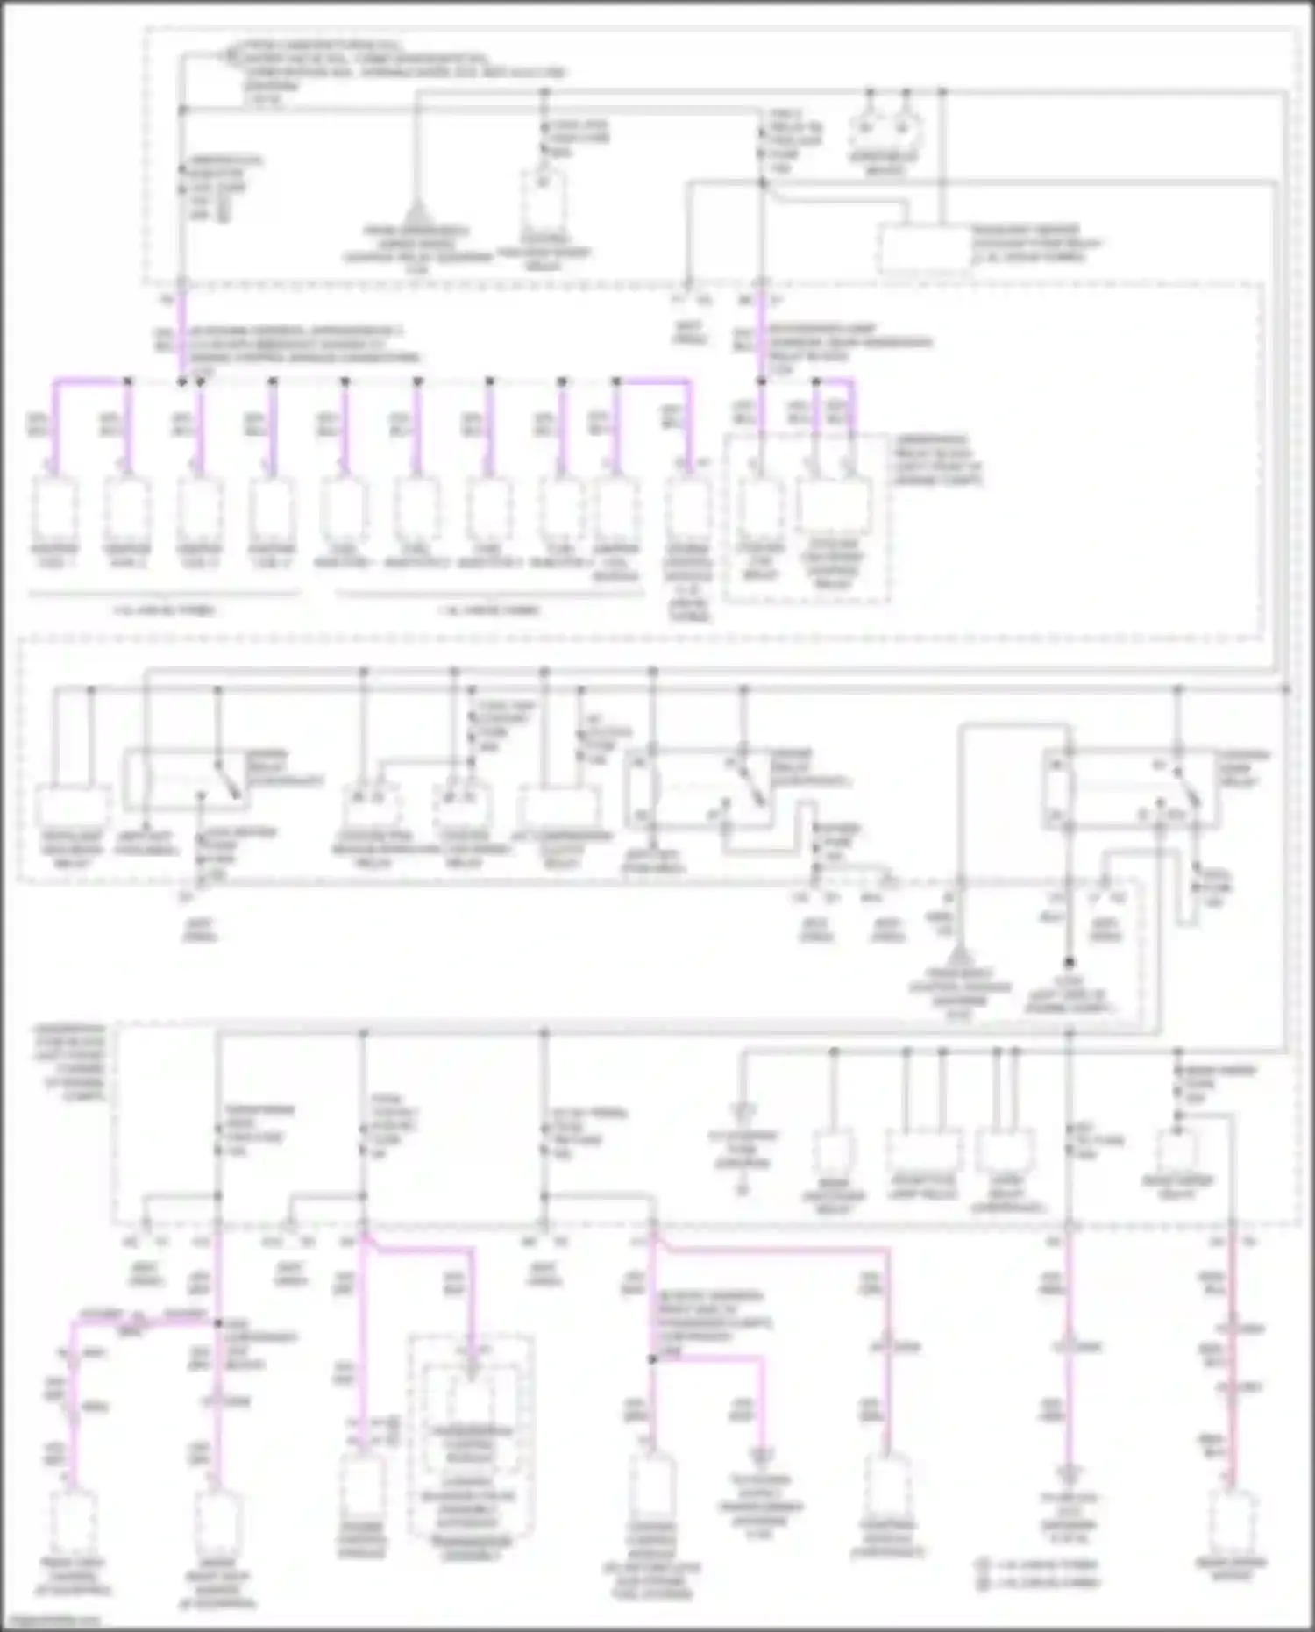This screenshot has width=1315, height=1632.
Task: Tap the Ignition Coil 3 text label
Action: coord(199,556)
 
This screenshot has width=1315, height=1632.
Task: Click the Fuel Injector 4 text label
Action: coord(560,556)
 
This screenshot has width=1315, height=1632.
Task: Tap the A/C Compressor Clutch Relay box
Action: coord(558,805)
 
